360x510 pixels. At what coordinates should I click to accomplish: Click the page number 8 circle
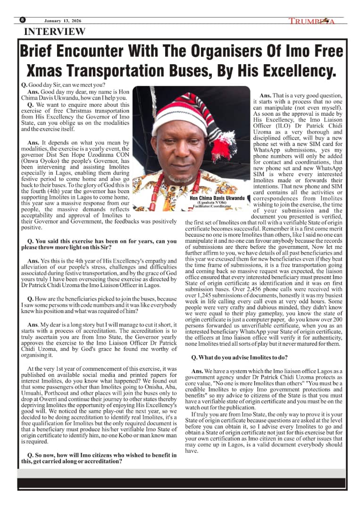click(x=23, y=20)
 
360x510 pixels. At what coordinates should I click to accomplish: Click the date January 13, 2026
click(x=63, y=21)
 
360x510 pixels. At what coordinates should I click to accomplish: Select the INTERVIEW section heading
click(x=55, y=32)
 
